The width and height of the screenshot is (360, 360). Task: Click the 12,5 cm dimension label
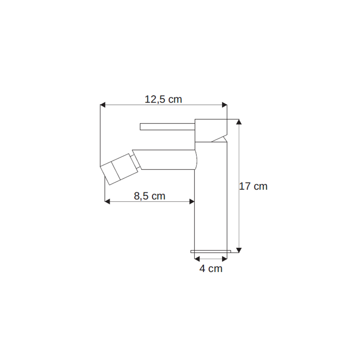coord(163,100)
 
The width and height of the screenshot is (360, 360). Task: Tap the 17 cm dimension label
coord(253,186)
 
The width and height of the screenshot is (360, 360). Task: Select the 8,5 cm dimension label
coord(150,196)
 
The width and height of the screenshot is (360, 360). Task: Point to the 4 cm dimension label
coord(211,268)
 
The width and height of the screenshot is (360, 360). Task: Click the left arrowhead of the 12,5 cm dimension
coord(103,105)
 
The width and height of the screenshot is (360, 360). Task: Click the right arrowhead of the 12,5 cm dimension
coord(224,105)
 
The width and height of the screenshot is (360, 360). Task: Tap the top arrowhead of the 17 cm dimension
coord(239,122)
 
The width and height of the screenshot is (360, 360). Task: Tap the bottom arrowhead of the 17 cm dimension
coord(239,250)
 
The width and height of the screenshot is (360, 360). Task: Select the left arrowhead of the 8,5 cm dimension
coord(107,202)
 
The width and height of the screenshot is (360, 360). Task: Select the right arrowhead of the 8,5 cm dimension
coord(192,202)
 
